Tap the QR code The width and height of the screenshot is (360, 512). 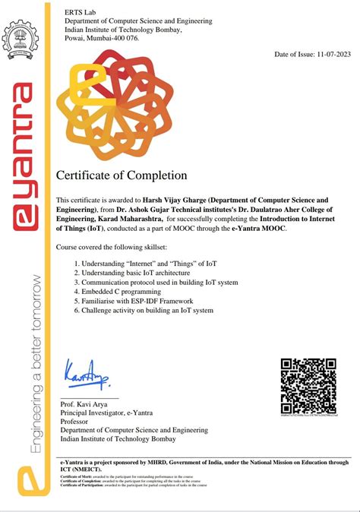click(308, 386)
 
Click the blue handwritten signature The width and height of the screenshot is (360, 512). click(87, 374)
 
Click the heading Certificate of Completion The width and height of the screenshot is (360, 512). click(122, 175)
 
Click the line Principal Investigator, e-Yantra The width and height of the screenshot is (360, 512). click(107, 412)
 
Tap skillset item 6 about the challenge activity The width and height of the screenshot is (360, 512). click(143, 310)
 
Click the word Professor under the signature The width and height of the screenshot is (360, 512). click(78, 421)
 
